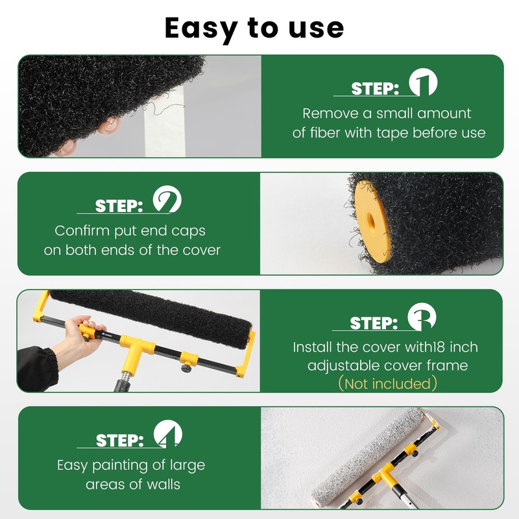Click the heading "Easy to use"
[x=254, y=28]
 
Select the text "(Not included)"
[x=388, y=384]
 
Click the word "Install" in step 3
[x=313, y=347]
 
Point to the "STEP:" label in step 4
[x=119, y=441]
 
